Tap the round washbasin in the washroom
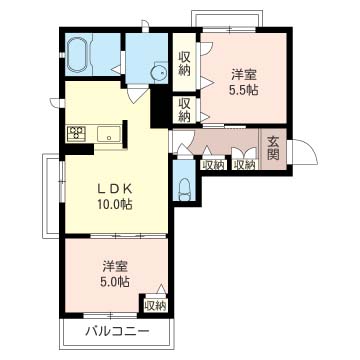click(155, 72)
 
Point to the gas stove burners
click(77, 133)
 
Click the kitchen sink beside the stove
click(108, 133)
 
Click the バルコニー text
click(117, 331)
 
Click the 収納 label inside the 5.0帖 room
click(154, 305)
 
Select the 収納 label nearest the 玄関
click(244, 164)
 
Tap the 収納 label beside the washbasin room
click(185, 62)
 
